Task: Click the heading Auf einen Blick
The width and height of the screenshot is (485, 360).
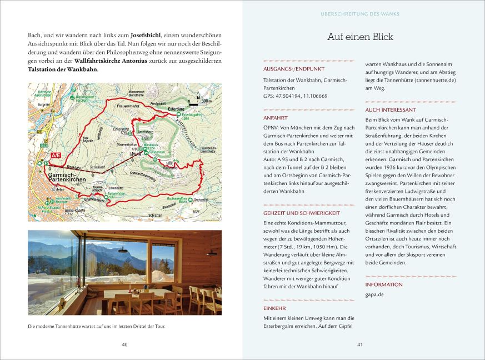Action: click(x=360, y=37)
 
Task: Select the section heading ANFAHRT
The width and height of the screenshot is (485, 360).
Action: click(x=276, y=118)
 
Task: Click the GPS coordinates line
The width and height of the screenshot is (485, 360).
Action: click(x=295, y=96)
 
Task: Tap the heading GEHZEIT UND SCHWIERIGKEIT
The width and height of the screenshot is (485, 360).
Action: click(x=302, y=213)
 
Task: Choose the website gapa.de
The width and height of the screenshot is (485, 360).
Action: click(x=374, y=294)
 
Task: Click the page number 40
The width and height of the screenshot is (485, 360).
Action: click(x=124, y=345)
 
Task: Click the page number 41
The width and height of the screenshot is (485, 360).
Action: click(x=360, y=345)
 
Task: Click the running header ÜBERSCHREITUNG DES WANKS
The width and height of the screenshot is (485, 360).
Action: click(x=360, y=14)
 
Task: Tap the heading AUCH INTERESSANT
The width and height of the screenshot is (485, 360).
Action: click(x=391, y=110)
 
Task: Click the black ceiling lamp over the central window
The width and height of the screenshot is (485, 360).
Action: click(x=123, y=249)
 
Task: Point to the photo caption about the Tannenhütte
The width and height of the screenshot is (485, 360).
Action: click(x=96, y=326)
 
